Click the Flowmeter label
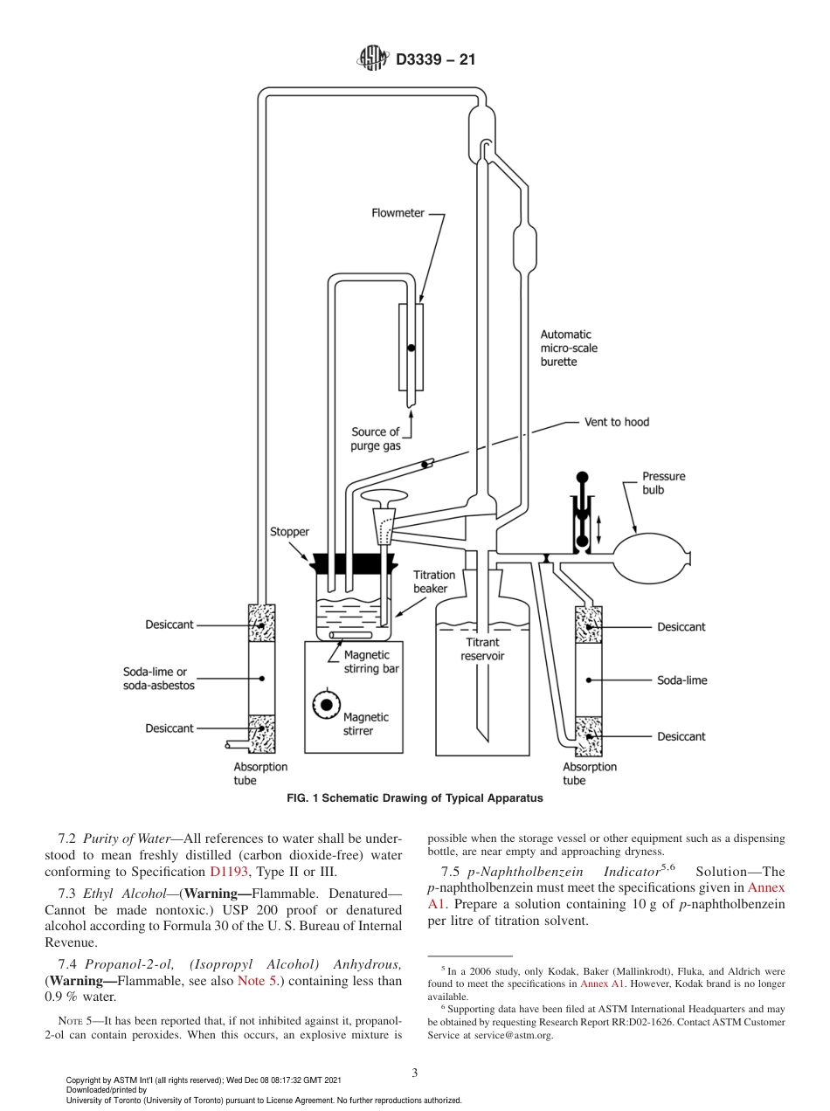tap(398, 213)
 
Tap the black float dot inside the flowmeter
tap(411, 348)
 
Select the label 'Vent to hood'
tap(617, 422)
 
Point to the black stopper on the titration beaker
tap(348, 562)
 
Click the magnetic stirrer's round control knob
tap(327, 704)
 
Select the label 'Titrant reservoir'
tap(482, 649)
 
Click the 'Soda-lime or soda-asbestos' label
tap(159, 679)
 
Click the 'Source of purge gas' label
tap(375, 438)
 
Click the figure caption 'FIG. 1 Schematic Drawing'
tap(415, 798)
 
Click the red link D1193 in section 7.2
tap(227, 872)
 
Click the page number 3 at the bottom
tap(414, 1073)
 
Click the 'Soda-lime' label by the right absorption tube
tap(681, 680)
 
